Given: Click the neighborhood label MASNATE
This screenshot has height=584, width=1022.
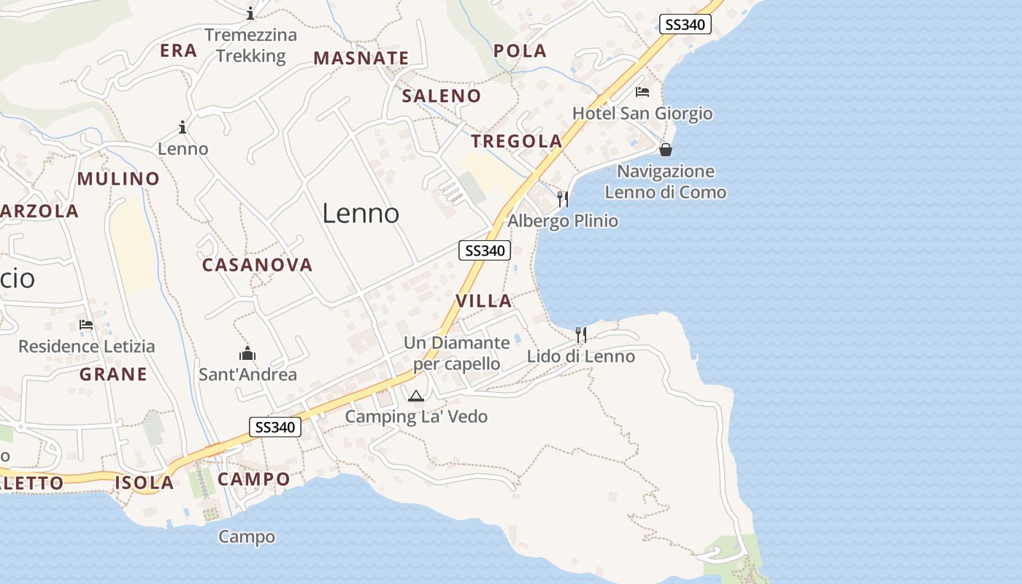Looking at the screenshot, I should pos(361,58).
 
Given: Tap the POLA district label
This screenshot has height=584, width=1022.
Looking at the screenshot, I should pos(520,50).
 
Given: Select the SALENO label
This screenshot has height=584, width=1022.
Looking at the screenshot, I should pos(442,96).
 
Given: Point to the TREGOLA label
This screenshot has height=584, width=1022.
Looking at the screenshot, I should pos(516,141).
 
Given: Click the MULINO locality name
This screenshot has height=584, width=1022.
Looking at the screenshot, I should pos(118,179).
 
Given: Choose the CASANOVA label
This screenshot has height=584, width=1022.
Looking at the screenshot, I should pos(257,265).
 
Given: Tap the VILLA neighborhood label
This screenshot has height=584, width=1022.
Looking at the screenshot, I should pos(483,301).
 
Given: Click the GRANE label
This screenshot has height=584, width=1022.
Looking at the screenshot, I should pos(113,374).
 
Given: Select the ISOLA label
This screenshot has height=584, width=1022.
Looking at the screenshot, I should pos(145,483).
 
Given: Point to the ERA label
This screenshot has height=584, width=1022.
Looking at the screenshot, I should pos(179,50).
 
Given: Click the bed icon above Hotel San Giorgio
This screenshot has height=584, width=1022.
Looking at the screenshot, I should pos(642,92).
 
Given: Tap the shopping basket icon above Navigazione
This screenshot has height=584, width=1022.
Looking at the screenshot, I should pos(666,150).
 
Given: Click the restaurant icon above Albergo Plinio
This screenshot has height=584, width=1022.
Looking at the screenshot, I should pos(563,199).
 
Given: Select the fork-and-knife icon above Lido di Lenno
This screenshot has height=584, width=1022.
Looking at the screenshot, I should pos(581,334).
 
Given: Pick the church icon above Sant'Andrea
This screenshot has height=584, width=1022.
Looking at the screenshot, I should pos(247,353).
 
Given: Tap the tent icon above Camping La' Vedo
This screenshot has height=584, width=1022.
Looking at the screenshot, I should pos(416,396).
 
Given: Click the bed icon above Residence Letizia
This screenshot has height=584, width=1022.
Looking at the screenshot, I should pos(86,325).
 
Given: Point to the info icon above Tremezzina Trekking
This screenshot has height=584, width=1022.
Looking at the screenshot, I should pos(250,13).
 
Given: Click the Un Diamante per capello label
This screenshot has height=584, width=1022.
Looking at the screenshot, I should pos(457,353).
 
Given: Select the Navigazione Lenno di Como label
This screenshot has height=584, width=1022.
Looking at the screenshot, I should pos(666,182).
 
